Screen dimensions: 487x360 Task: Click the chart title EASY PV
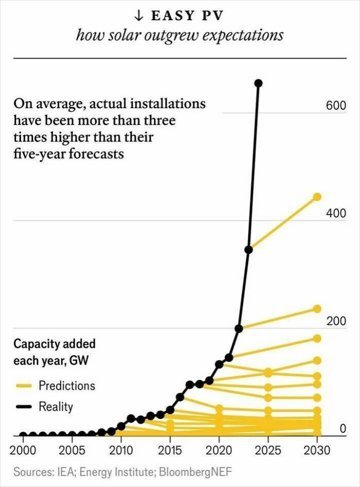click(186, 15)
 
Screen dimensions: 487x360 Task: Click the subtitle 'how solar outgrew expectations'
click(179, 36)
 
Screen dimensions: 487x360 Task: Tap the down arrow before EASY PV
click(138, 15)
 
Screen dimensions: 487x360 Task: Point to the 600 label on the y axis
click(336, 106)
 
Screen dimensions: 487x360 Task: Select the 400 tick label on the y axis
click(336, 214)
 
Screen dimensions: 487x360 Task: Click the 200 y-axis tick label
click(336, 321)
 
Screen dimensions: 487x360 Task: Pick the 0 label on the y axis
click(343, 429)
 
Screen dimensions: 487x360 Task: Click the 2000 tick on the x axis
click(23, 451)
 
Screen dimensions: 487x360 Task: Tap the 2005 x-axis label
click(72, 451)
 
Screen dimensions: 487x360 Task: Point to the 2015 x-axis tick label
click(170, 451)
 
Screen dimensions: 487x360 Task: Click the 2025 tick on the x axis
click(268, 451)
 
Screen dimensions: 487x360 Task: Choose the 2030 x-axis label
click(317, 451)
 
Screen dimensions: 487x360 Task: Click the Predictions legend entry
click(67, 386)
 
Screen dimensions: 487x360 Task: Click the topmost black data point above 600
click(258, 83)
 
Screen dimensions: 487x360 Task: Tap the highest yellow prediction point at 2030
click(317, 197)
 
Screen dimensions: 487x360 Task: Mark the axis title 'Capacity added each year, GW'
click(54, 352)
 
